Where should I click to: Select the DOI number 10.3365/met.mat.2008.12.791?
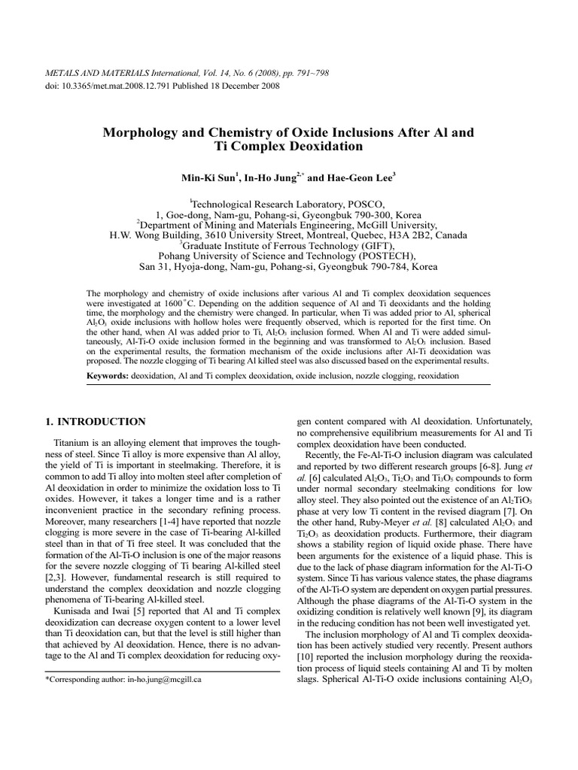coord(112,86)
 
